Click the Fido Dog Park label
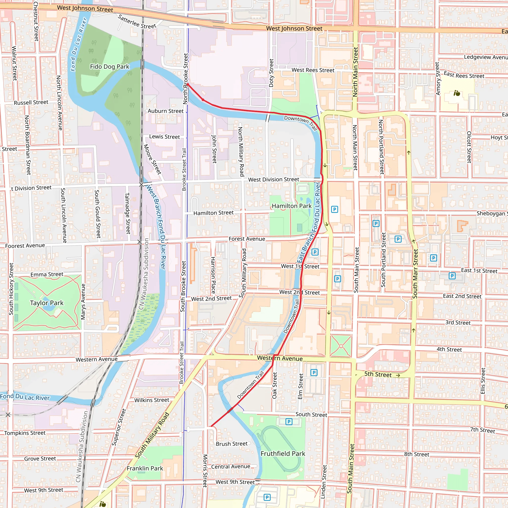click(110, 66)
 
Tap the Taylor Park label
click(47, 303)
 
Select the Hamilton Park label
click(292, 206)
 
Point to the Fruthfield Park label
click(283, 454)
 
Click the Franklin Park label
click(145, 468)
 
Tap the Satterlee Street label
click(137, 22)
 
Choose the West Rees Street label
click(313, 70)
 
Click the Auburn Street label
click(165, 111)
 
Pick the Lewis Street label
click(164, 137)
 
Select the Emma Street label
click(47, 275)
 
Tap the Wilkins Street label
click(152, 400)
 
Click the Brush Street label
click(232, 444)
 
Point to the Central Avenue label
click(231, 467)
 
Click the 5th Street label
click(378, 374)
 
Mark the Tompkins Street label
click(25, 433)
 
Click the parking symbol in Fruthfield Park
click(289, 422)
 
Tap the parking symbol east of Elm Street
click(314, 373)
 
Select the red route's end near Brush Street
click(211, 426)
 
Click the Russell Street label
click(31, 102)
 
